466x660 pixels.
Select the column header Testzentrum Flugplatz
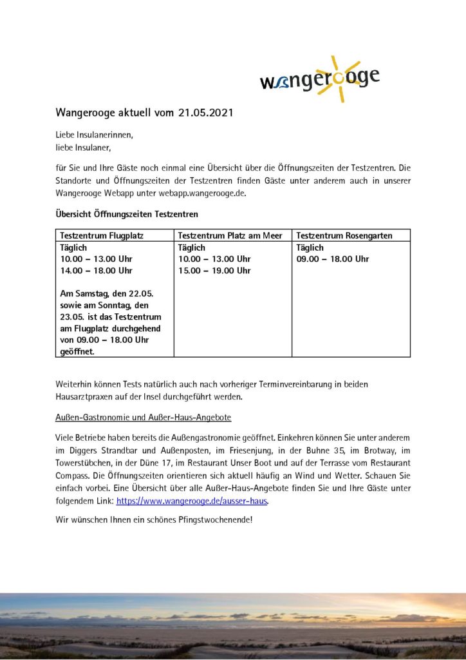point(102,236)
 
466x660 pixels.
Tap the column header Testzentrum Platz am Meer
point(230,236)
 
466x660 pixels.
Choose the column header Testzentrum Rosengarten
point(344,236)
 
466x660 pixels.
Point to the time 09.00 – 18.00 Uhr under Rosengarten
point(332,259)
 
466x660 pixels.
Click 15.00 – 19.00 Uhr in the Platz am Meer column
point(214,271)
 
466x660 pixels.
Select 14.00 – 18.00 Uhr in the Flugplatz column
point(96,271)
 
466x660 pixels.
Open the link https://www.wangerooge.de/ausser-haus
point(192,500)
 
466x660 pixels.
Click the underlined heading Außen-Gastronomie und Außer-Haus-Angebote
point(144,418)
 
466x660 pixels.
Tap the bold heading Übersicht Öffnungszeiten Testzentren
point(127,213)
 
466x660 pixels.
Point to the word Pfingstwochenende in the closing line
point(216,519)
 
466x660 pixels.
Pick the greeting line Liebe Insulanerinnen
point(94,135)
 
